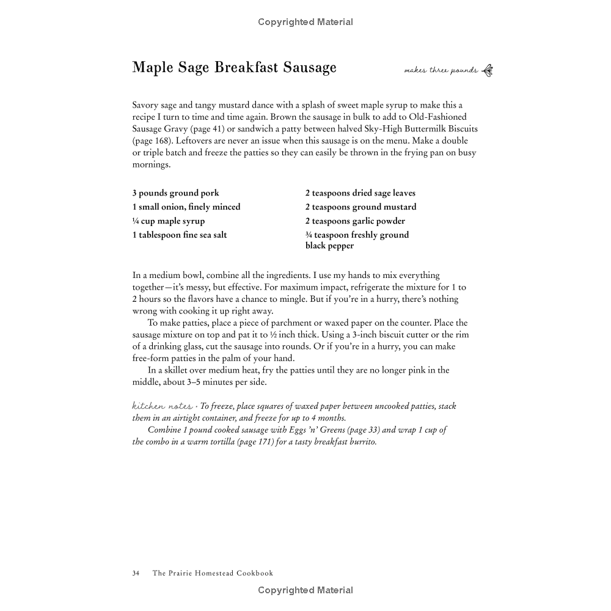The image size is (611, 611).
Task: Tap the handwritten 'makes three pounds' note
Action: tap(441, 71)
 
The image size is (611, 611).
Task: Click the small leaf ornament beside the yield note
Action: tap(487, 70)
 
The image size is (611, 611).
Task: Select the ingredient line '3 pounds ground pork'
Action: tap(175, 193)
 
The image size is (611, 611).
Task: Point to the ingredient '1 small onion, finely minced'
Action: tap(186, 207)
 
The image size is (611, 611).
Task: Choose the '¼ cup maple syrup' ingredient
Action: tap(169, 221)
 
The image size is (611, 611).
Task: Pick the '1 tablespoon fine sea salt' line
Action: tap(180, 235)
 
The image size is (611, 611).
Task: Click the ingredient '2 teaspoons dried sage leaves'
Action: tap(360, 193)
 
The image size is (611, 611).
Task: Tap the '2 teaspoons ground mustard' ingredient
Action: tap(360, 207)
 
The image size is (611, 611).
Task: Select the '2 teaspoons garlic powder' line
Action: tap(355, 221)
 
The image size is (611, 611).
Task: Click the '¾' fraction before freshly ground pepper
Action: tap(309, 235)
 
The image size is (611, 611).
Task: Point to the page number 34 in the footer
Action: tap(136, 573)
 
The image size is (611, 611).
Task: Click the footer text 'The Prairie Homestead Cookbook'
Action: tap(213, 573)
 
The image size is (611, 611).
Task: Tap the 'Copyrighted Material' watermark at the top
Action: tap(305, 22)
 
